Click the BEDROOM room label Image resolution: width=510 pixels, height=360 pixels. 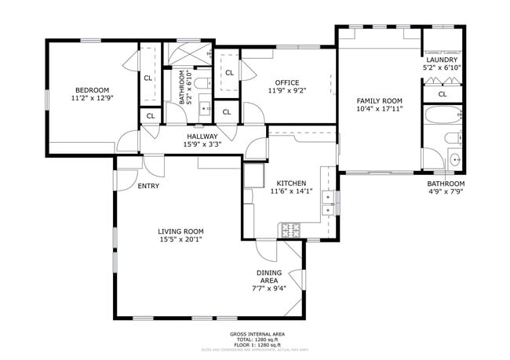click(x=92, y=89)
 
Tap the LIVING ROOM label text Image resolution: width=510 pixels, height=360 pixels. click(x=180, y=231)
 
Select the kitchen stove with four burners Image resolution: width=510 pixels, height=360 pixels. click(x=290, y=230)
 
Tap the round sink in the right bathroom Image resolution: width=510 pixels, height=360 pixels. click(x=456, y=160)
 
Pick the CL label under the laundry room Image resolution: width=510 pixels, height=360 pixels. click(x=442, y=94)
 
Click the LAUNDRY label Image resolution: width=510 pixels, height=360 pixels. click(x=442, y=60)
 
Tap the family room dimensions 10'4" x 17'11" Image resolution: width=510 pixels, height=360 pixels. click(x=379, y=108)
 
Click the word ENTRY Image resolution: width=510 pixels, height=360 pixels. click(x=148, y=186)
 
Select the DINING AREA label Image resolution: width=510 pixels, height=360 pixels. click(x=268, y=276)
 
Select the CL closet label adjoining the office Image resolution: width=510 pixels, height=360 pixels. click(x=229, y=72)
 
